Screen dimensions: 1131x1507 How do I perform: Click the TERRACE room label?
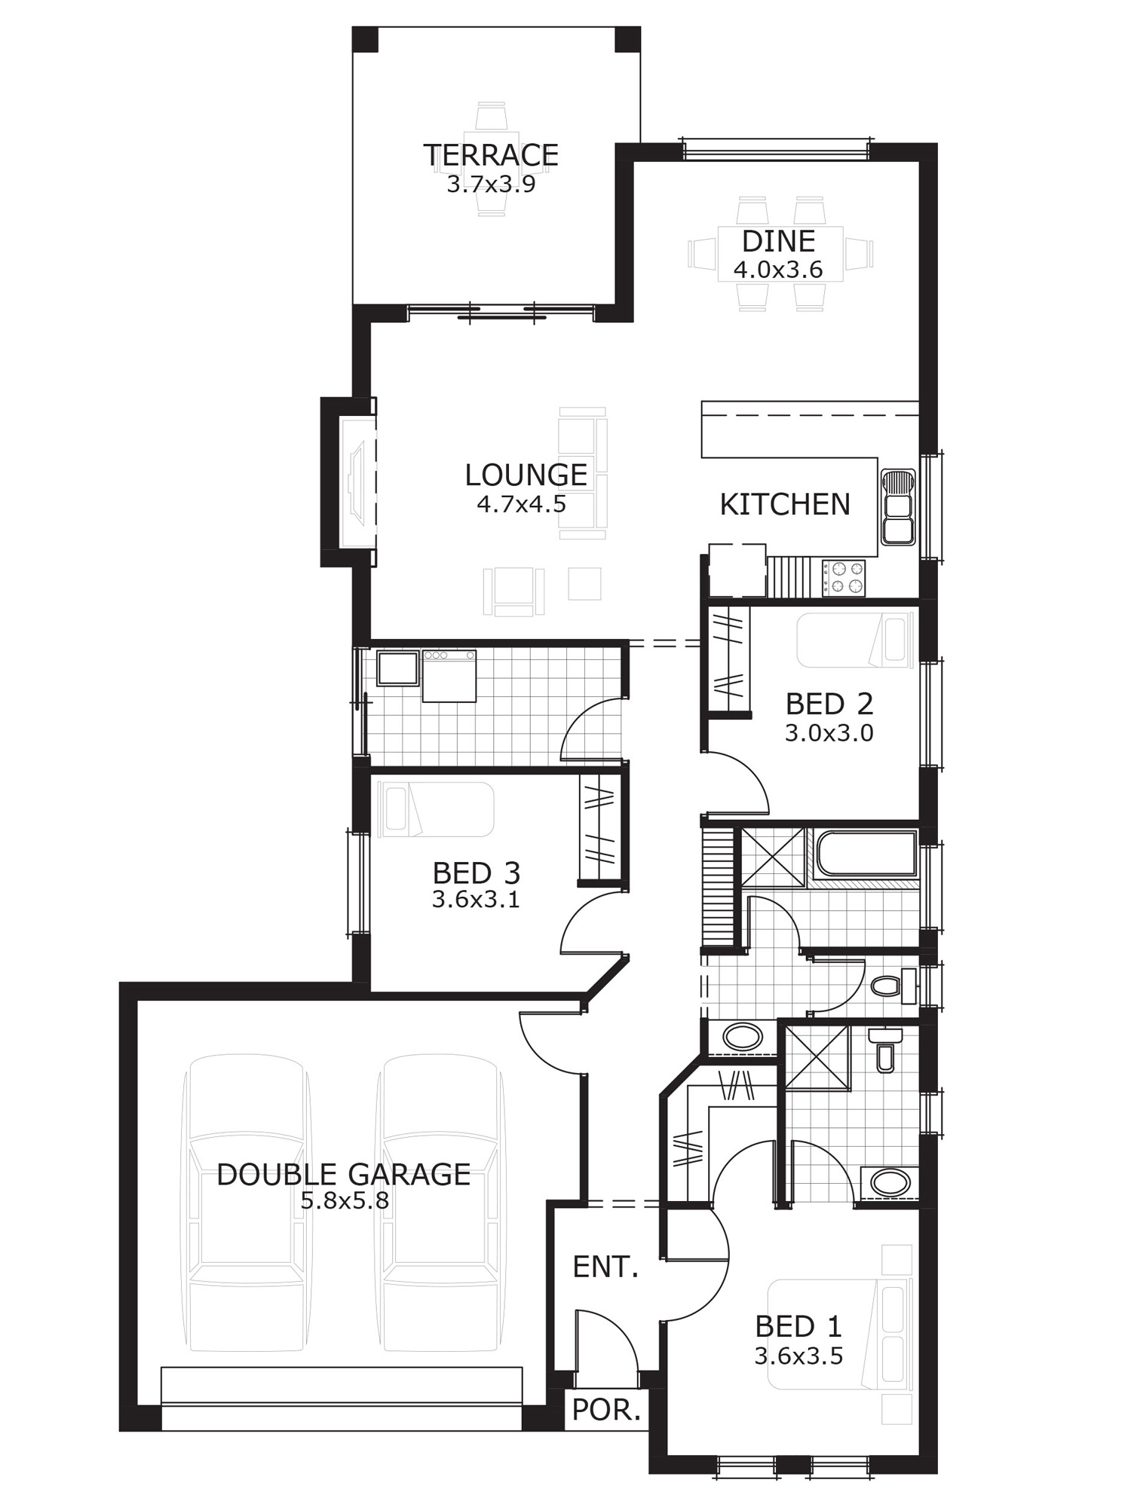coord(491,155)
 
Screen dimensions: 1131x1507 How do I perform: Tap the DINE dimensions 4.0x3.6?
coord(778,269)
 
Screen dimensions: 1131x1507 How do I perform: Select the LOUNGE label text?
coord(526,475)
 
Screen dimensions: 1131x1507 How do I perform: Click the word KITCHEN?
coord(785,504)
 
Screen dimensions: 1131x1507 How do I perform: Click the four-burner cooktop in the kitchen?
coord(843,577)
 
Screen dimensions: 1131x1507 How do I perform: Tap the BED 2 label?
coord(829,704)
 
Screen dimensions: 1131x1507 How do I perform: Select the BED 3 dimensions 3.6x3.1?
coord(476,899)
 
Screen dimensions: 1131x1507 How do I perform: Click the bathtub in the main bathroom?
coord(866,854)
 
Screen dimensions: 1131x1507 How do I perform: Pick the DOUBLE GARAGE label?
coord(344,1174)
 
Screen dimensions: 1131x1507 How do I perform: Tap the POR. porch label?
coord(606,1409)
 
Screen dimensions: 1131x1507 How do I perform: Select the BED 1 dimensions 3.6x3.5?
coord(798,1356)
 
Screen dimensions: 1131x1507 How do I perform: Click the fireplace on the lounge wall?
coord(357,481)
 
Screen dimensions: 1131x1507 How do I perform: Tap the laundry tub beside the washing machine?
coord(397,668)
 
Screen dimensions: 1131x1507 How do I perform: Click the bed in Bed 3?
coord(437,809)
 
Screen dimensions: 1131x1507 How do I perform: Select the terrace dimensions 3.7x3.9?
coord(491,185)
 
